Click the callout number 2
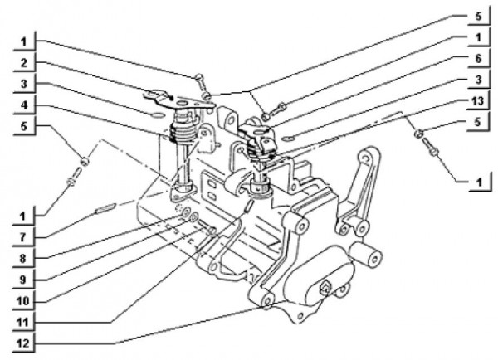24,64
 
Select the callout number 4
24,105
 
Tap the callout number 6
479,59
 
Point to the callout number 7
22,238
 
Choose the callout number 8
22,259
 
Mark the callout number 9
22,280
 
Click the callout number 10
22,301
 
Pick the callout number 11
22,322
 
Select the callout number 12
22,343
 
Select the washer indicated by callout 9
193,218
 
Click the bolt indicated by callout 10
207,228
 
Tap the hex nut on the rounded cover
324,288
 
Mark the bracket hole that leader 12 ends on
268,300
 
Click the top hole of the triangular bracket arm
365,158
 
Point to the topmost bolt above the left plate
200,81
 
